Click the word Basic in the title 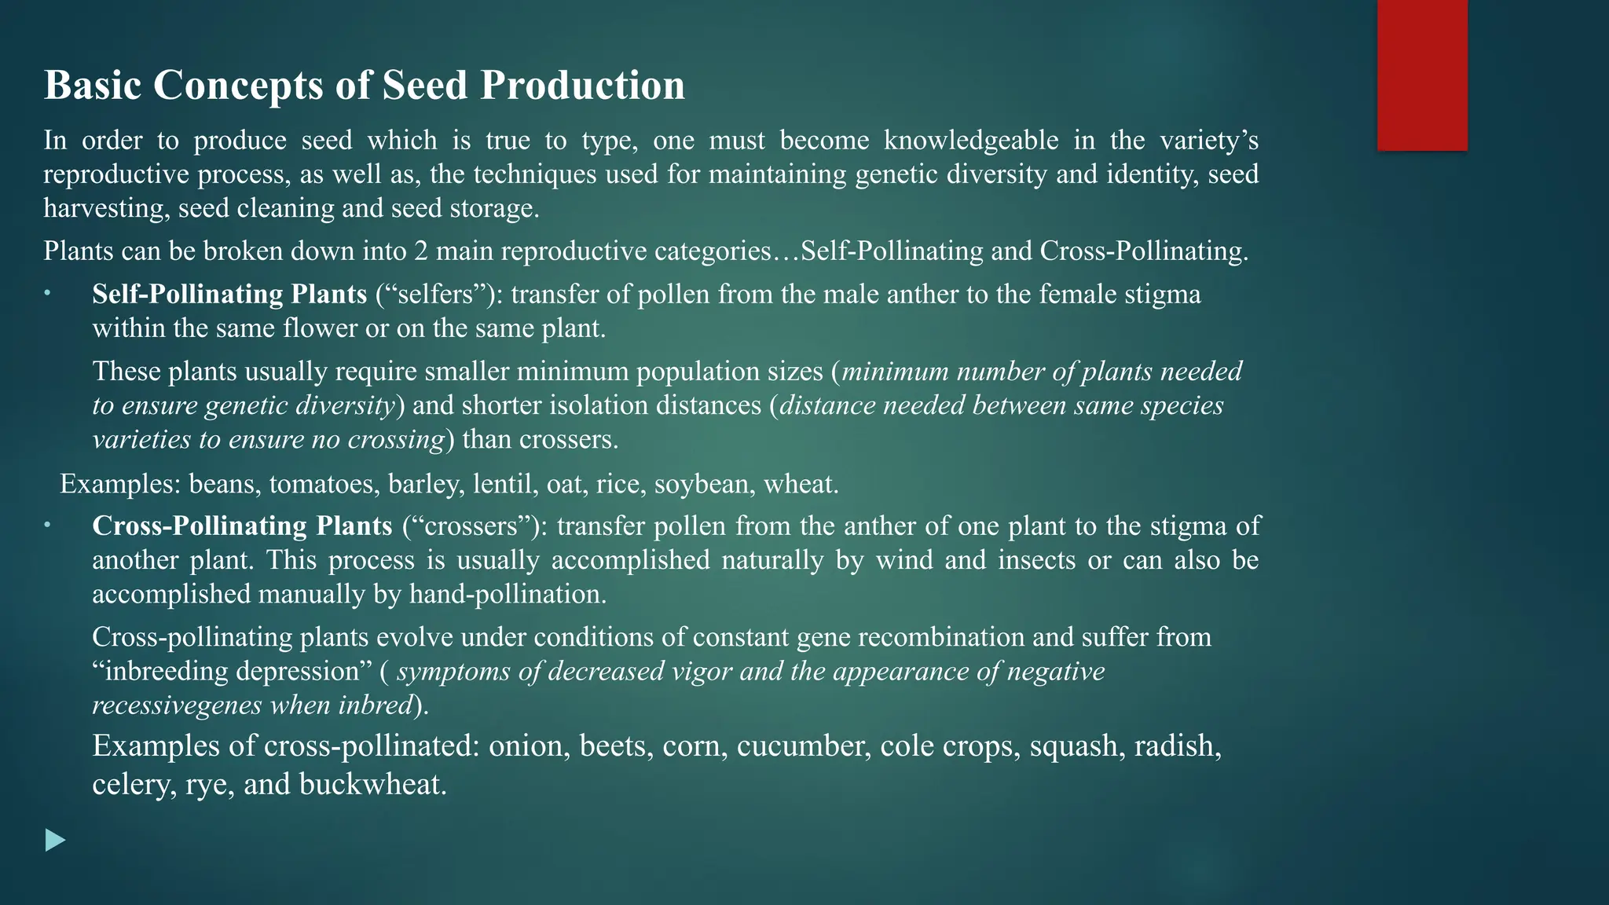click(93, 85)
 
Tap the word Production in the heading click(582, 85)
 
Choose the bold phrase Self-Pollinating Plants click(229, 294)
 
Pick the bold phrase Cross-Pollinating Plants click(242, 526)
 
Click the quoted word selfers click(440, 294)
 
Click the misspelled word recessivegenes click(178, 705)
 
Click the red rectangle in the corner click(1422, 75)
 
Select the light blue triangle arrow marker click(55, 841)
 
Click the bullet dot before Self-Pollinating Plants click(47, 293)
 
